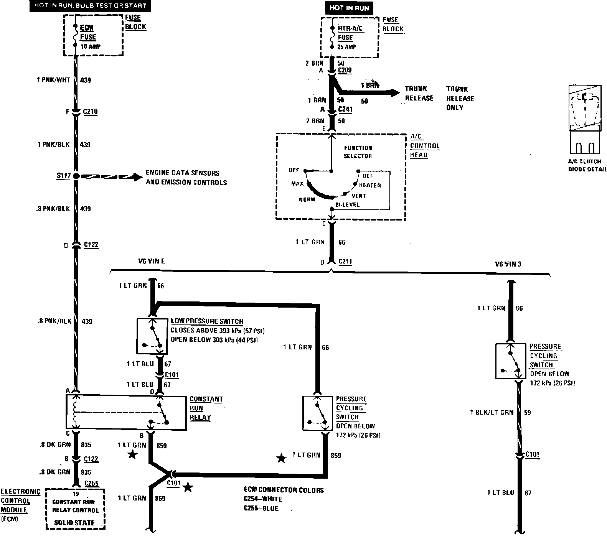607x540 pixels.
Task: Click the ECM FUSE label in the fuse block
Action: (88, 33)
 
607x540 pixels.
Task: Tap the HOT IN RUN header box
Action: (349, 8)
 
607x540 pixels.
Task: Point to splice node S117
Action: (76, 176)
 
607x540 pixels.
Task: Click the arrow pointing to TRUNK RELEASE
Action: (393, 92)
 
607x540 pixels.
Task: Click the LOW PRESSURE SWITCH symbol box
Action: (153, 336)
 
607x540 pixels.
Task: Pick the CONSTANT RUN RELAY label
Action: (206, 408)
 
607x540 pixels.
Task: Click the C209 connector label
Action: (345, 71)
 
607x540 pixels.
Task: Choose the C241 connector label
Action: (345, 110)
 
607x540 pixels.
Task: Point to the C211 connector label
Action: (345, 262)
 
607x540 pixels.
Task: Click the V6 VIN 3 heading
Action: (508, 264)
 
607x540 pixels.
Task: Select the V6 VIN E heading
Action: (151, 261)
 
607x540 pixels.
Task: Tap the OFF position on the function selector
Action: (294, 170)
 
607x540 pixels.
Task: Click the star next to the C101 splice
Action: (187, 487)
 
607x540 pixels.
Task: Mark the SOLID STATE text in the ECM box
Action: (74, 522)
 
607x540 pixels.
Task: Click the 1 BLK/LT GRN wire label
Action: (492, 412)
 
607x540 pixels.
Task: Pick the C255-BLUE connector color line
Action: (261, 509)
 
